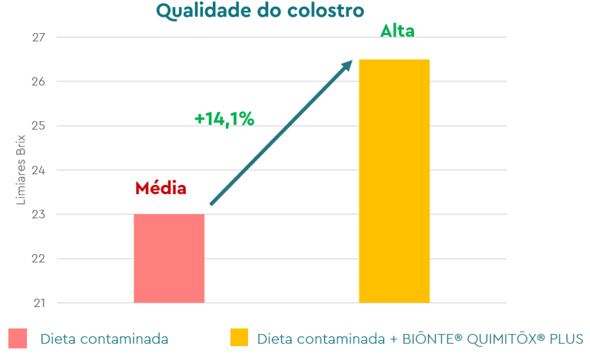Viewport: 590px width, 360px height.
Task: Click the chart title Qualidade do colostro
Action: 260,11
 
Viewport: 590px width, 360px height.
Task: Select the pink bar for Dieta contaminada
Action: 169,258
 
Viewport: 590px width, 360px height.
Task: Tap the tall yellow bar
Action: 394,180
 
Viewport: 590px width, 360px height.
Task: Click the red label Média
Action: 161,188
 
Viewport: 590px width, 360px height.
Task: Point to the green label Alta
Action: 397,32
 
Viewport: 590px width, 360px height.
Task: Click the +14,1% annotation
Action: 224,119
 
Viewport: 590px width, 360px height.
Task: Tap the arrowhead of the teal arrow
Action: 347,65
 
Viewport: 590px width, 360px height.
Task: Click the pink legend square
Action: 18,339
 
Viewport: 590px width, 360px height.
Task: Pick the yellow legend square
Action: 240,339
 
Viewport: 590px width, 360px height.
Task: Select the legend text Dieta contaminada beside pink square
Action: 104,339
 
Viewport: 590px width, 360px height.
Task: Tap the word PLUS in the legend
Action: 567,339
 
